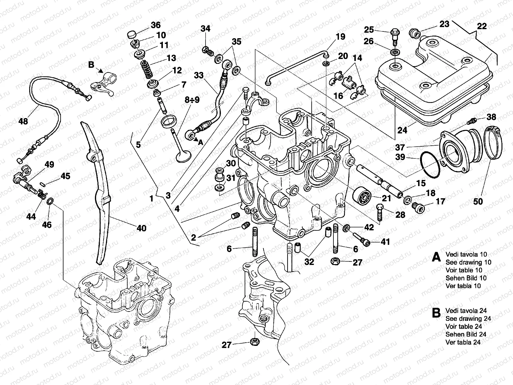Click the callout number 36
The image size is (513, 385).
156,25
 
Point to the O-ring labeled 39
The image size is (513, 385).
430,164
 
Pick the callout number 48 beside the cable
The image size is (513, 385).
23,121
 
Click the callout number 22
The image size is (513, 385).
482,26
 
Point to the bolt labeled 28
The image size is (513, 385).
379,212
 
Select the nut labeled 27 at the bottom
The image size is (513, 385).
254,342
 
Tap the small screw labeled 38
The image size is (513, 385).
472,121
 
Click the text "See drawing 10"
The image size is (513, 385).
468,262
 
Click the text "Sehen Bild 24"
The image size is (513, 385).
466,334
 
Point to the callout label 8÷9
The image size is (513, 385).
192,100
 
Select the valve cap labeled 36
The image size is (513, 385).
132,35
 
